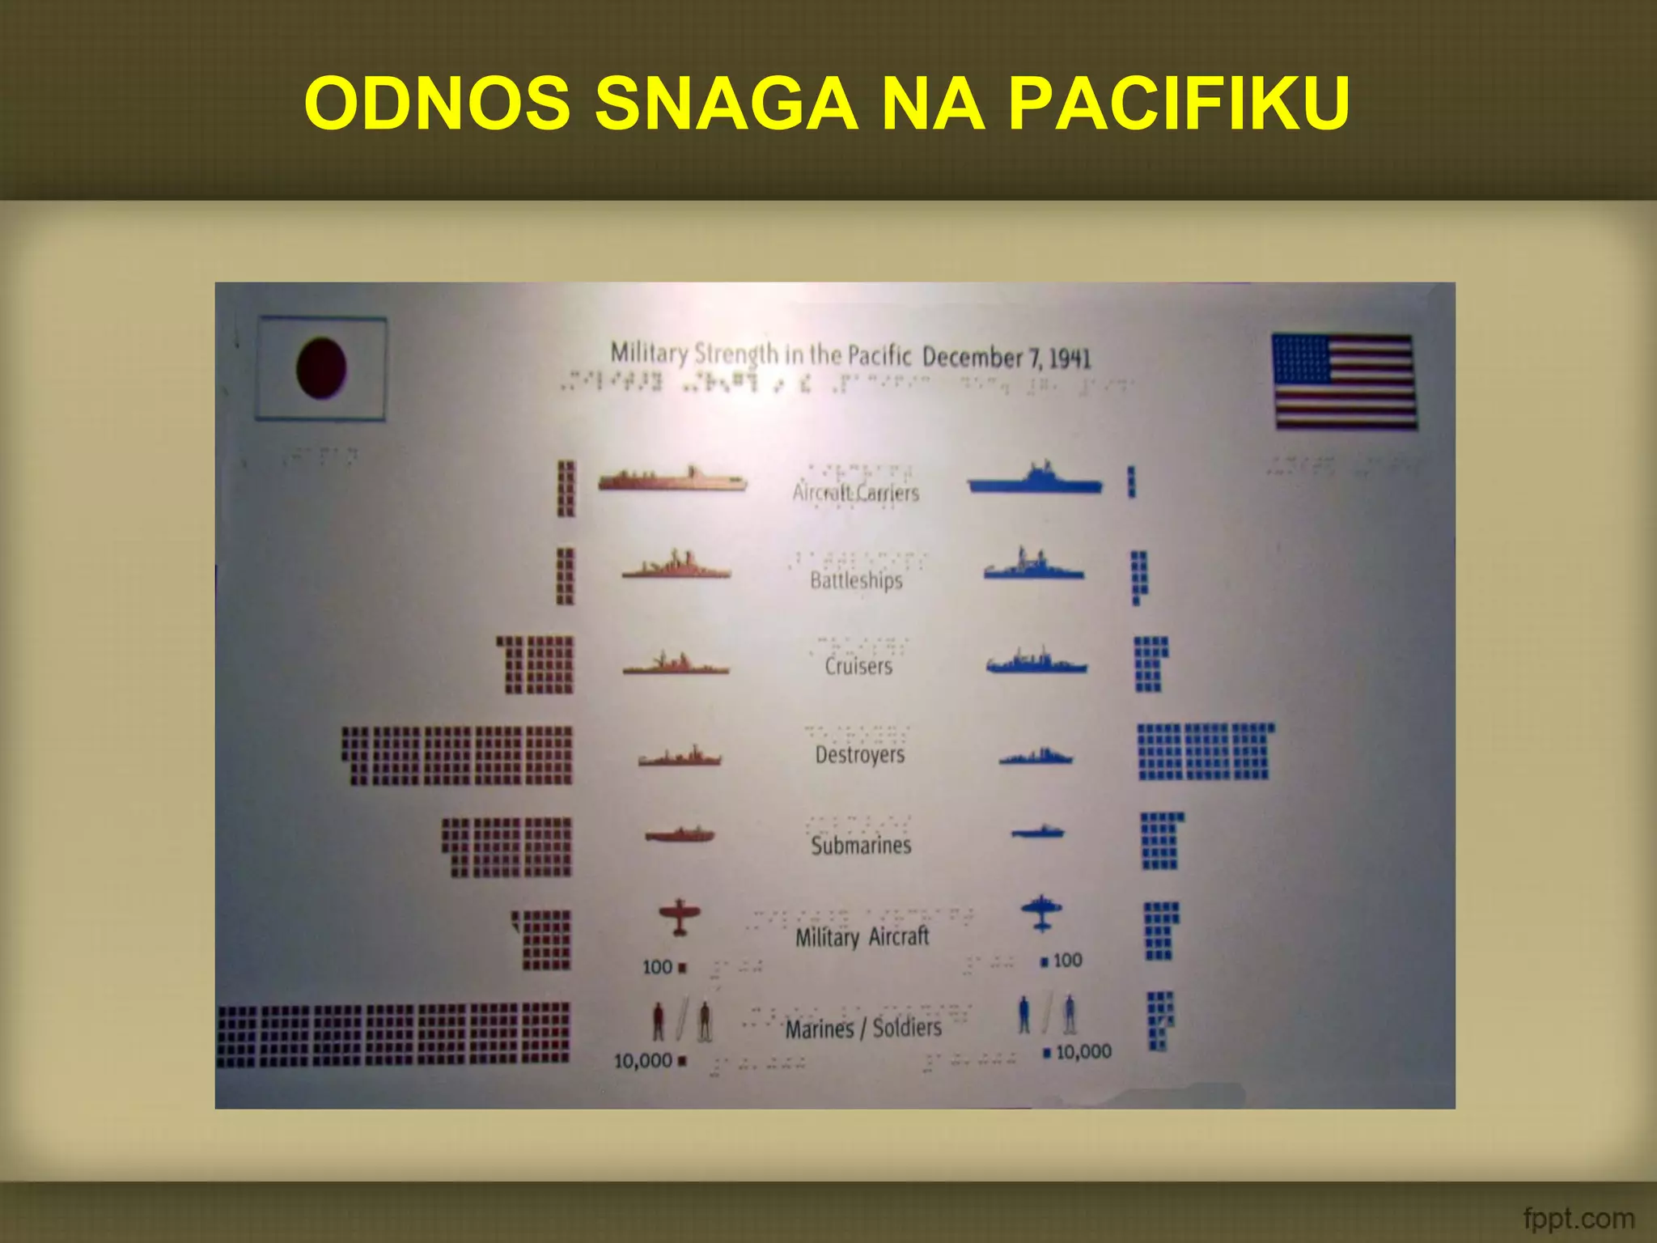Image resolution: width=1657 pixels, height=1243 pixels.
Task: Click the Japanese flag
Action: pyautogui.click(x=321, y=368)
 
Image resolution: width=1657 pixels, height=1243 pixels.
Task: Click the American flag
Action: pyautogui.click(x=1344, y=381)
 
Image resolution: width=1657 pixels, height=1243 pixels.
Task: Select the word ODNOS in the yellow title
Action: pyautogui.click(x=438, y=104)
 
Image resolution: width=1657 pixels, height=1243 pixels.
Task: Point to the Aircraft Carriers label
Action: pyautogui.click(x=856, y=493)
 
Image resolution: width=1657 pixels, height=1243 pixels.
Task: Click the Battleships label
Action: pyautogui.click(x=856, y=580)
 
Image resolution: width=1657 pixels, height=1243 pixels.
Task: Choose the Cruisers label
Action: pyautogui.click(x=858, y=666)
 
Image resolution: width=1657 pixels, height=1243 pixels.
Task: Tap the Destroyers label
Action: pyautogui.click(x=859, y=754)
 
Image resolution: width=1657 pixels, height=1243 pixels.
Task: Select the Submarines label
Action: pyautogui.click(x=861, y=845)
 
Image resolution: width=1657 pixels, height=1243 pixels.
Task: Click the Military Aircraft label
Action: pyautogui.click(x=862, y=937)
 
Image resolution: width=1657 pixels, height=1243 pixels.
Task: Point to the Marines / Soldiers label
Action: pyautogui.click(x=863, y=1029)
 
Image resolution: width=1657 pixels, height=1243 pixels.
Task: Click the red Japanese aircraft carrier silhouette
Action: pyautogui.click(x=672, y=480)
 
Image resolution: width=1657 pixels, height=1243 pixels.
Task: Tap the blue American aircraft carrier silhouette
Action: pyautogui.click(x=1036, y=480)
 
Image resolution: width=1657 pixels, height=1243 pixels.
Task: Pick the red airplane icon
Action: pyautogui.click(x=679, y=918)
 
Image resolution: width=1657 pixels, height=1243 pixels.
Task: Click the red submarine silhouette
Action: pyautogui.click(x=680, y=834)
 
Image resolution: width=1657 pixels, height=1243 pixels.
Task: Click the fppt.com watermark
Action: pyautogui.click(x=1578, y=1218)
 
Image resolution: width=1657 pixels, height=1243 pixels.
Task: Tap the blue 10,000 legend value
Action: pyautogui.click(x=1083, y=1051)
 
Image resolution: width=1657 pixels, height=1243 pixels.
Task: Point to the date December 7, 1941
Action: pyautogui.click(x=1006, y=357)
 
